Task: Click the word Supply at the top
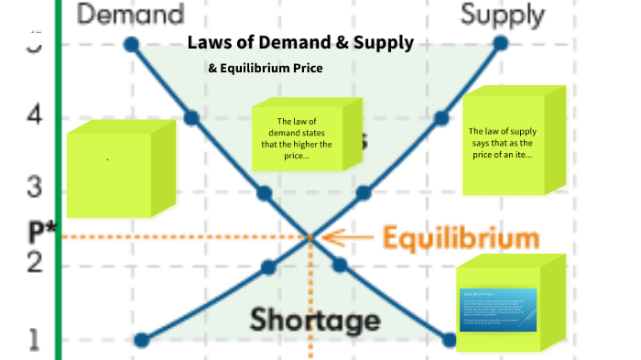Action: (x=502, y=15)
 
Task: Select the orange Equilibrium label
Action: (x=460, y=239)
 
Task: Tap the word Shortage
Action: (x=315, y=321)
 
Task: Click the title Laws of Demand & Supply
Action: (x=300, y=43)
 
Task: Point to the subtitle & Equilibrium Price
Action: (x=266, y=68)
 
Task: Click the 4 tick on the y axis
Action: (x=34, y=115)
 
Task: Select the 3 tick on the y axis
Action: (x=34, y=188)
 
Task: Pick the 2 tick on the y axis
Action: (x=34, y=262)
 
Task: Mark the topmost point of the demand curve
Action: (x=131, y=44)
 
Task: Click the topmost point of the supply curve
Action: (x=500, y=43)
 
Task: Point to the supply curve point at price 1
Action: (x=141, y=340)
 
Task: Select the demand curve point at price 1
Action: (x=449, y=340)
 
